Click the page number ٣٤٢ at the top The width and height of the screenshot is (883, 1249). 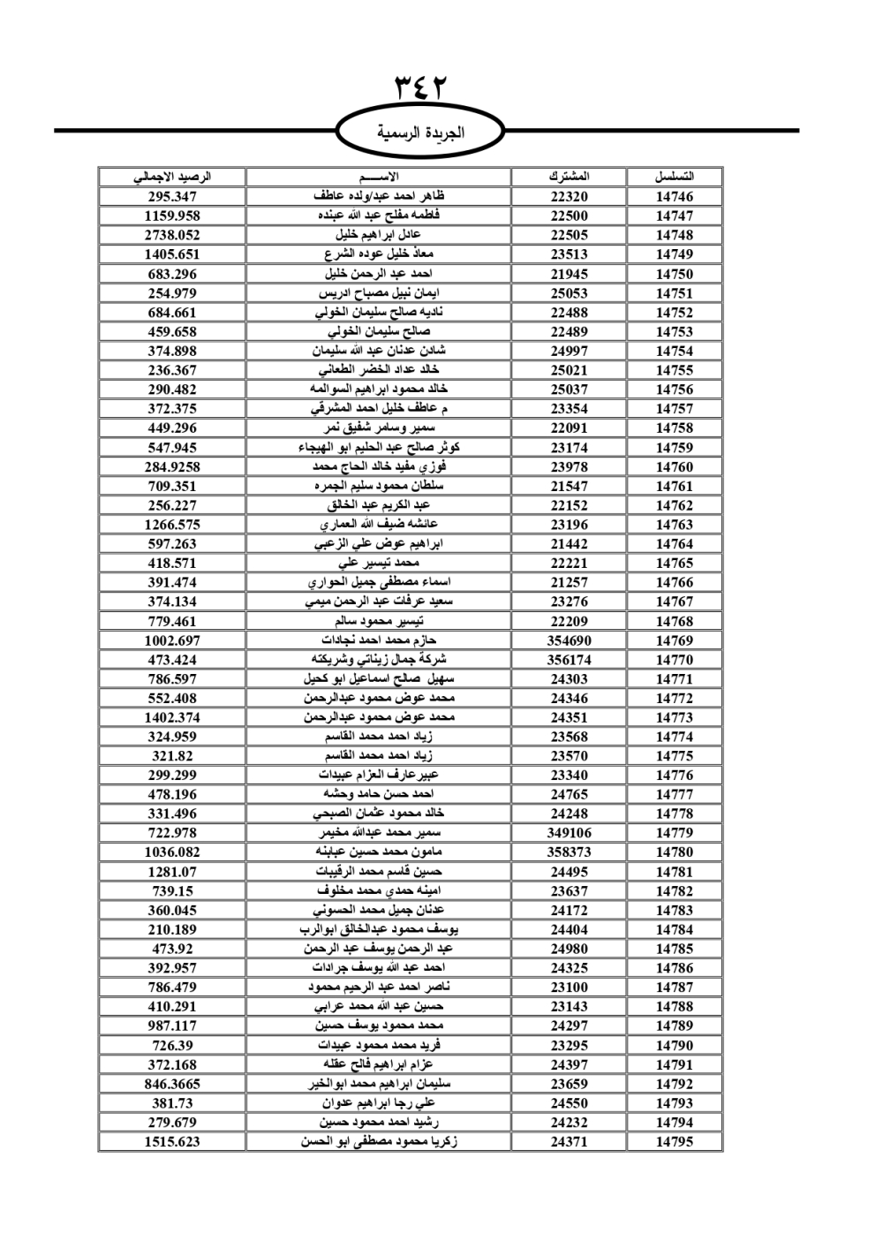[421, 88]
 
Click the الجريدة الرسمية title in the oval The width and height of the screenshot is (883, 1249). [421, 133]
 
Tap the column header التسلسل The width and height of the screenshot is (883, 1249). [675, 177]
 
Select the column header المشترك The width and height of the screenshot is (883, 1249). [569, 177]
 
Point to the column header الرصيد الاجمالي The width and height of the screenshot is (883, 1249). [172, 177]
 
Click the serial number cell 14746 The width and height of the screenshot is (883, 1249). [675, 197]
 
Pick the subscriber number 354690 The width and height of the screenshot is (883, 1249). [569, 640]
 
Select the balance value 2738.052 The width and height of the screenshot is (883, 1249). [172, 235]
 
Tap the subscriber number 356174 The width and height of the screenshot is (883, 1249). [569, 660]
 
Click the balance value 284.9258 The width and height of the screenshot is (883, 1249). [172, 466]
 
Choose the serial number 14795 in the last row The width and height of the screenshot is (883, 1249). [675, 1141]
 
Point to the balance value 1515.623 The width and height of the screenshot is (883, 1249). [172, 1141]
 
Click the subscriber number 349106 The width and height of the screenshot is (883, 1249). [569, 833]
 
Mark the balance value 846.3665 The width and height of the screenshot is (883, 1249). [172, 1084]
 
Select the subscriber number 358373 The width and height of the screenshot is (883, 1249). [569, 852]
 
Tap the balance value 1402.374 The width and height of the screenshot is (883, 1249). [172, 717]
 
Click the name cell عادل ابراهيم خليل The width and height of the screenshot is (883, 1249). [378, 235]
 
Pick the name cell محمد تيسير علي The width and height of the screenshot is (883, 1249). [378, 563]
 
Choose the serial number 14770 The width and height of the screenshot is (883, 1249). [675, 660]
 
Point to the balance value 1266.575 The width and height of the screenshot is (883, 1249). [172, 525]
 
